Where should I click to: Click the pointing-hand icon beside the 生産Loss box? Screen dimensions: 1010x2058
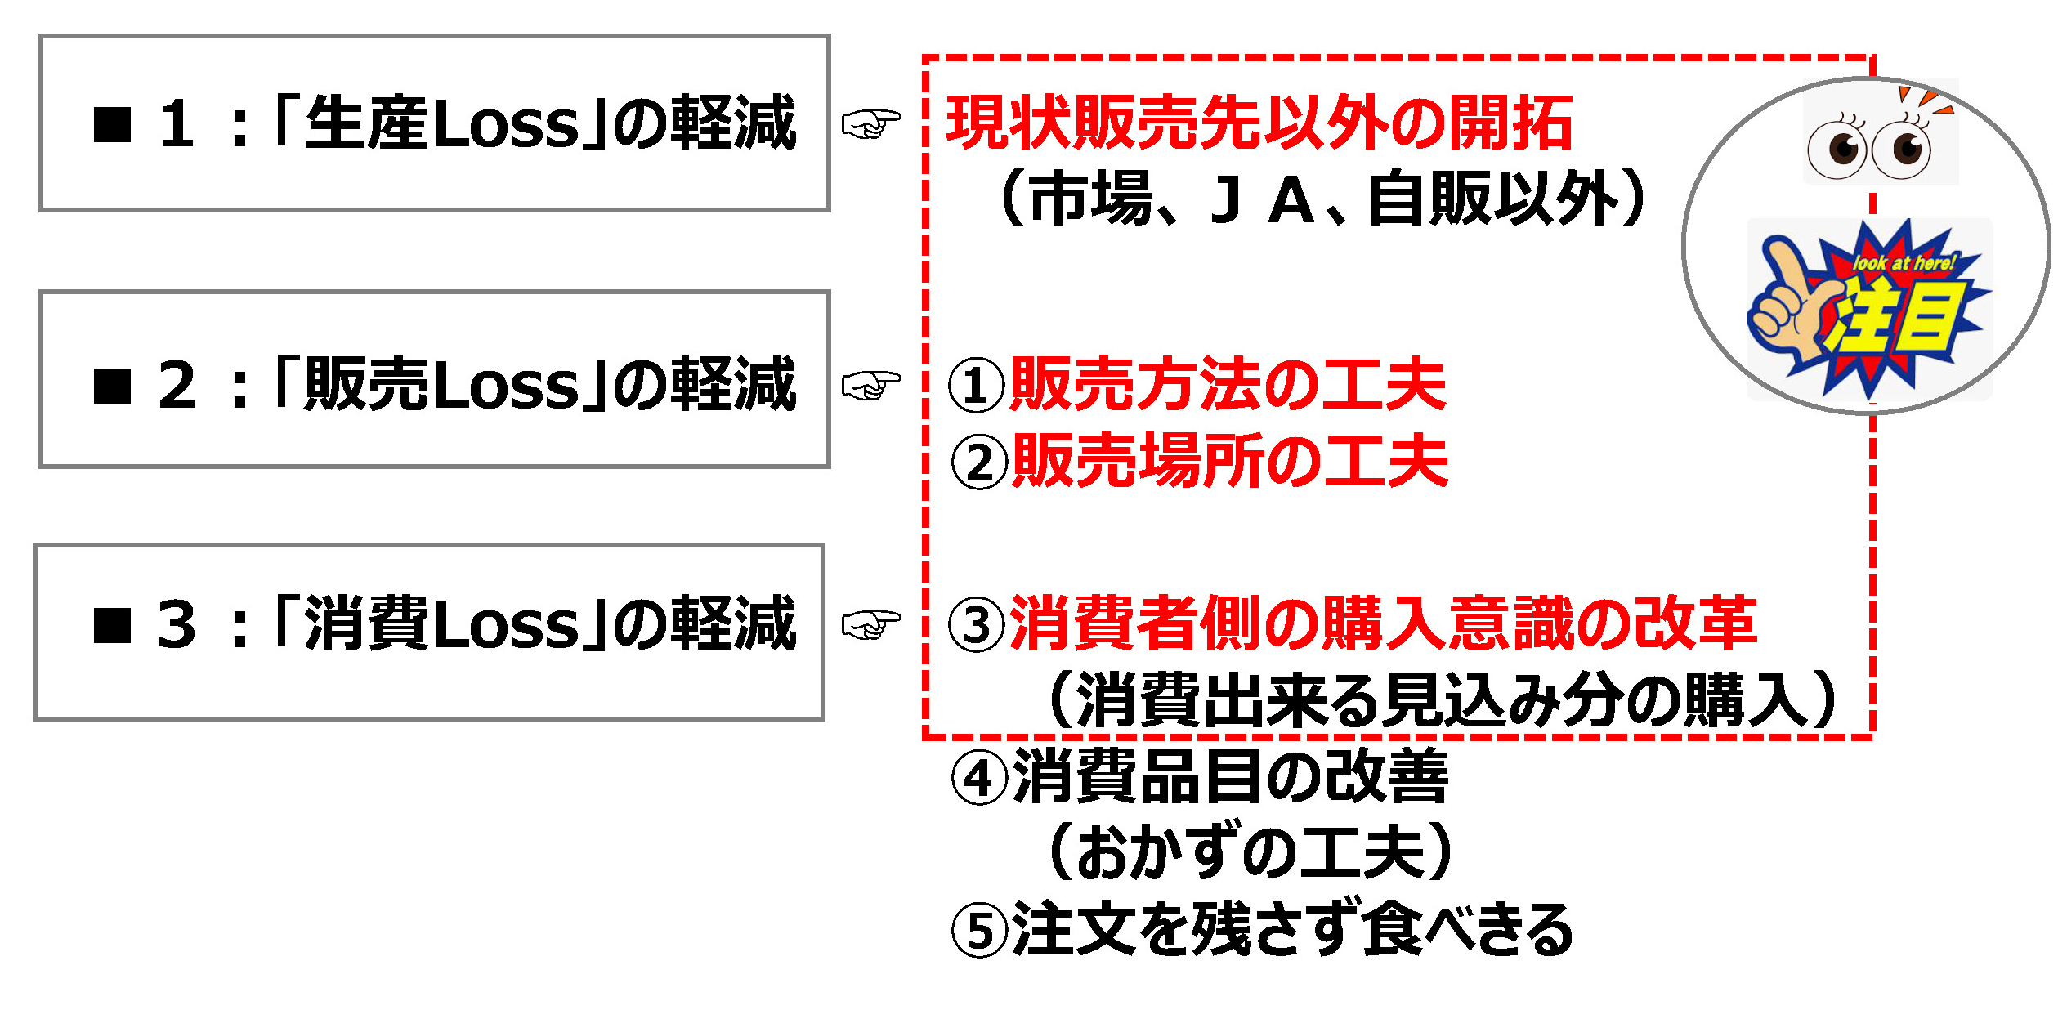pos(871,124)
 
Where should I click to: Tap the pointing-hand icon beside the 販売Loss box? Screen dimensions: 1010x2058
pos(871,384)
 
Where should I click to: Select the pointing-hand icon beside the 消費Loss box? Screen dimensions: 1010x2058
pos(871,625)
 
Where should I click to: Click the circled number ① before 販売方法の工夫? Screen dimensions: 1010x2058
pos(976,385)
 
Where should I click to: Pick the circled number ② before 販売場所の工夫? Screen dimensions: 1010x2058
pos(979,463)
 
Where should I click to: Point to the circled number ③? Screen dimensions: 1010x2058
pos(976,625)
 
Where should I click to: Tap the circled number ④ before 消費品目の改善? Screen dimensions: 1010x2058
pos(979,779)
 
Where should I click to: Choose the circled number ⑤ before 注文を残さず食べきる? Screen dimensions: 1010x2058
pos(979,931)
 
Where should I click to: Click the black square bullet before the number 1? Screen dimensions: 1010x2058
pos(113,124)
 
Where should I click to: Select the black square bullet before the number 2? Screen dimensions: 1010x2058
pos(113,386)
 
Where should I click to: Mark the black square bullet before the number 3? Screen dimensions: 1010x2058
pos(113,626)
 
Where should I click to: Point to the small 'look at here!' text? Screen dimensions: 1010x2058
pos(1904,263)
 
